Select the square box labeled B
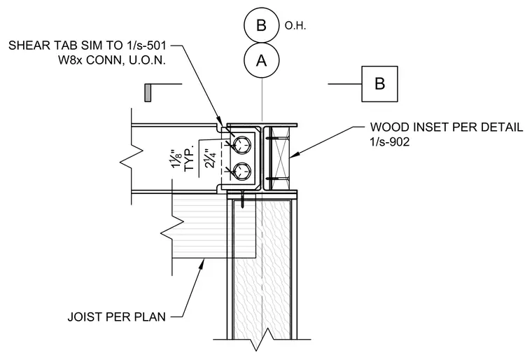click(x=379, y=84)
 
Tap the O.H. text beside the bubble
click(x=295, y=26)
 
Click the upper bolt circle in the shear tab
click(x=243, y=144)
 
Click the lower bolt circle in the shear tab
click(x=243, y=171)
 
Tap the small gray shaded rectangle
click(x=148, y=92)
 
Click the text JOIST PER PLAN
click(x=117, y=317)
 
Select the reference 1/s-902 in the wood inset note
click(x=390, y=141)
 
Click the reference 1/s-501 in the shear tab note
click(x=146, y=45)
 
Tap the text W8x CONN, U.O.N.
click(x=112, y=60)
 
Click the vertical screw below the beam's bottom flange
click(x=243, y=200)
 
